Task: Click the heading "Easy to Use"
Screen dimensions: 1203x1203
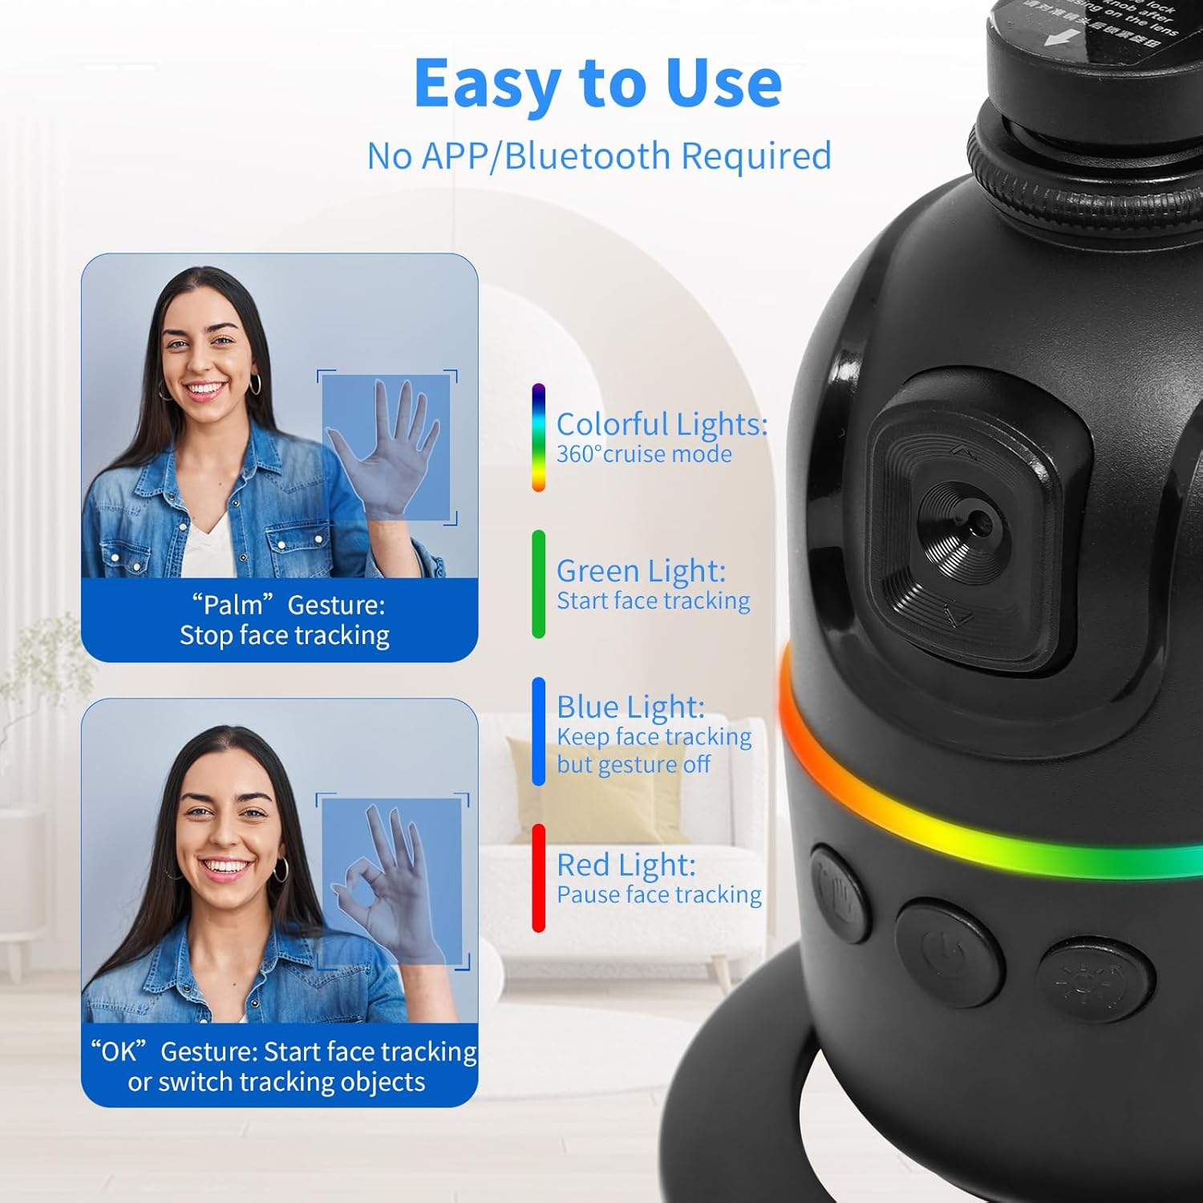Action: click(597, 83)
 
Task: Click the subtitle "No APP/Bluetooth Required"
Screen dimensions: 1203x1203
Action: click(598, 156)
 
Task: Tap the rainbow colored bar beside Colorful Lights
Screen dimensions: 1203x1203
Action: click(538, 438)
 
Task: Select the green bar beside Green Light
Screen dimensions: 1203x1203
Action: click(538, 584)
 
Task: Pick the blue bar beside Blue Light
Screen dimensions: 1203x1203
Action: click(538, 731)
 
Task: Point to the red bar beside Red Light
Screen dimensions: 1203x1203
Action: click(538, 878)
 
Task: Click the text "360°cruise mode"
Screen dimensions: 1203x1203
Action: click(644, 455)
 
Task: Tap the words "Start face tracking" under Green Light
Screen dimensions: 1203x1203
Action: click(653, 601)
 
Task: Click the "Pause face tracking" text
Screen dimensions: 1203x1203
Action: click(658, 895)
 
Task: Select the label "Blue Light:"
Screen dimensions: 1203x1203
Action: click(630, 707)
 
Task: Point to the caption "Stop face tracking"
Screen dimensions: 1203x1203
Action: click(284, 635)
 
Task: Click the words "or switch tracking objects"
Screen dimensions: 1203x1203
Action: click(277, 1082)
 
